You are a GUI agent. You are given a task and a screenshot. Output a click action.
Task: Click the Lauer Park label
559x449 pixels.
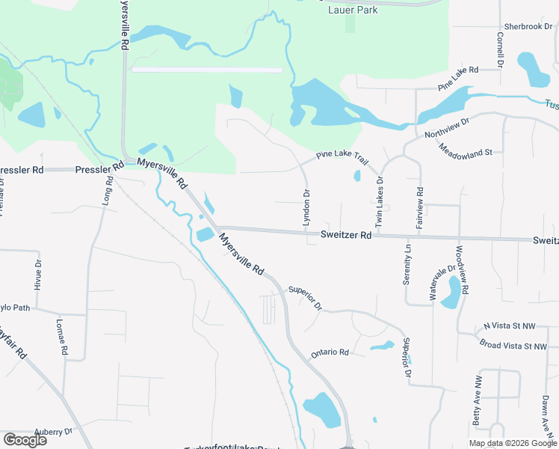(x=353, y=10)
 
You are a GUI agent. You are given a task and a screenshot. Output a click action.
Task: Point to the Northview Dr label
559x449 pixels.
(x=446, y=128)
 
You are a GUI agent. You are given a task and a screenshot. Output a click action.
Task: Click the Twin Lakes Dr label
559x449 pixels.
(x=379, y=202)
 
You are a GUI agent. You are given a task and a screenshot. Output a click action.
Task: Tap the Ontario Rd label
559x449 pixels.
(x=330, y=352)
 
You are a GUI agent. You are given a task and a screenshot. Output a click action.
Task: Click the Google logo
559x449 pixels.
(x=25, y=439)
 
